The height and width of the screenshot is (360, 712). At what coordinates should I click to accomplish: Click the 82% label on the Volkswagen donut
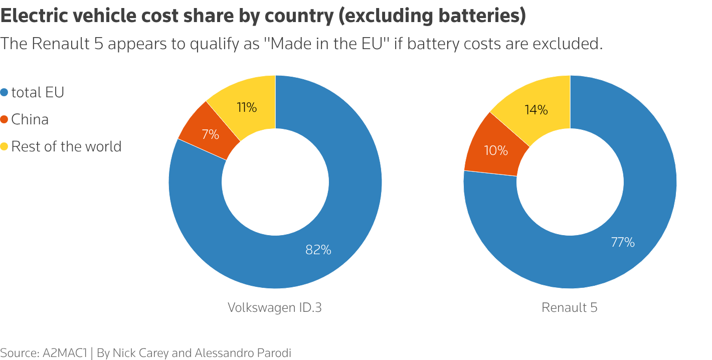coord(318,250)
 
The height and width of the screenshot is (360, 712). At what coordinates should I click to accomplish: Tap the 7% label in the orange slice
coord(211,134)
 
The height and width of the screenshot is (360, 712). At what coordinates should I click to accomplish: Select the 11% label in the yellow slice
coord(247,107)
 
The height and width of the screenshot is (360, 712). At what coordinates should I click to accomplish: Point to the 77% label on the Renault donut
coord(623,243)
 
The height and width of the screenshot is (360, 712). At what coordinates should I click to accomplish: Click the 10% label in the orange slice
coord(496,150)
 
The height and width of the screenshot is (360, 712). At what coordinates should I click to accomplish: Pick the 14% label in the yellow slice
coord(536,110)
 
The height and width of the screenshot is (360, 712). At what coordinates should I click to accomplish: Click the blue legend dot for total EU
coord(5,93)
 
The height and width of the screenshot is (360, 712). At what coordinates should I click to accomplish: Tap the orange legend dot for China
coord(5,120)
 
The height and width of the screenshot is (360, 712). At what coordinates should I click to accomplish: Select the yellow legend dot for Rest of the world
coord(5,147)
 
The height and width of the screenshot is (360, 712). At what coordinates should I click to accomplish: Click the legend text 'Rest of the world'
coord(66,146)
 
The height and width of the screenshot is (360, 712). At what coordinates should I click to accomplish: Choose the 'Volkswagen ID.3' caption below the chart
coord(275,307)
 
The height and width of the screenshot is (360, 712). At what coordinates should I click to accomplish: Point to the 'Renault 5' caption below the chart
coord(570,307)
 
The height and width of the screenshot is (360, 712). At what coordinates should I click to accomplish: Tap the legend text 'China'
coord(30,120)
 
